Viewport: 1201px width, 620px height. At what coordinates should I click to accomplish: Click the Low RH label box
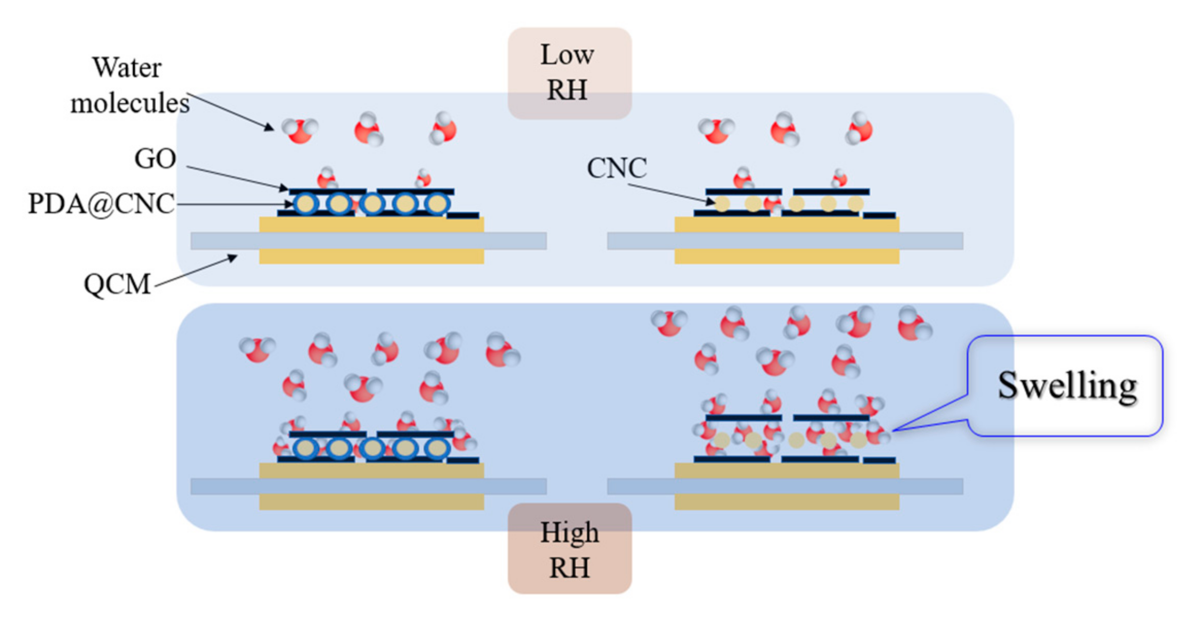point(569,73)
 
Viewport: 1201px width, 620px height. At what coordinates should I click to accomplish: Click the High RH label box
point(569,549)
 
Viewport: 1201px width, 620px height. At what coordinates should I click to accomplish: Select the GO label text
point(155,159)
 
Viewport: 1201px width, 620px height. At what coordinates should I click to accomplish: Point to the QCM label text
point(117,284)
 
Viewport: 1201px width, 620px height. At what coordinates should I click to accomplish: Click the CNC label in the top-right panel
point(616,168)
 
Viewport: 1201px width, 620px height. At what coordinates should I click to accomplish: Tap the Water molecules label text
point(129,85)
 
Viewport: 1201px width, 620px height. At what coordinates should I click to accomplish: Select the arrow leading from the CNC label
point(670,193)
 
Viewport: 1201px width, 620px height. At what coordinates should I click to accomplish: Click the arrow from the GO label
point(237,178)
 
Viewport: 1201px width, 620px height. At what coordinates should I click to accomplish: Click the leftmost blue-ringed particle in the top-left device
point(306,204)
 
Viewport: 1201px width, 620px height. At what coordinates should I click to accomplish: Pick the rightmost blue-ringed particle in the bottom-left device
point(437,449)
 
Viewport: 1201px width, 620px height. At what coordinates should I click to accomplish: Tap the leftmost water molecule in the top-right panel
point(716,130)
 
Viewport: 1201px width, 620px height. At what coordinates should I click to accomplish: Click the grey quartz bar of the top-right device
point(785,241)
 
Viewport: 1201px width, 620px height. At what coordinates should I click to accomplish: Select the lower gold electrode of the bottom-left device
point(371,503)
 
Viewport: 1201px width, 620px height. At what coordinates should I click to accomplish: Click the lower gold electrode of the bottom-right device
point(786,503)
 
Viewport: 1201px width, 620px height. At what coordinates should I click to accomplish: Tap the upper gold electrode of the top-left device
point(371,225)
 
